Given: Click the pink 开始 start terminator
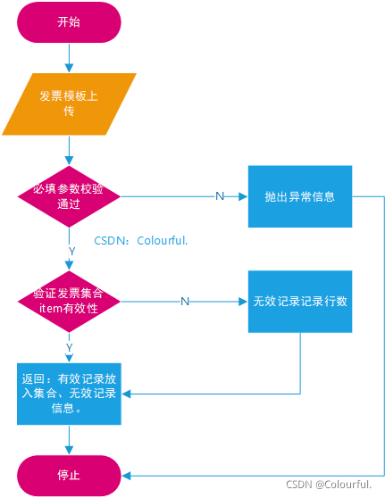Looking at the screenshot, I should pos(69,22).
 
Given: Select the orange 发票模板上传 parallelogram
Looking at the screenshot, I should pos(69,103).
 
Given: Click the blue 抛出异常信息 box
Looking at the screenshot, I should pos(300,195).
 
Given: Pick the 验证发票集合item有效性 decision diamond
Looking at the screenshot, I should pos(69,301).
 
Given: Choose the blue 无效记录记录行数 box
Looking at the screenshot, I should pos(300,301).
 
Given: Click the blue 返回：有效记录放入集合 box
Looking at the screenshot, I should pos(69,394).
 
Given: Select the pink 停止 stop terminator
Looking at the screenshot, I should pos(69,475).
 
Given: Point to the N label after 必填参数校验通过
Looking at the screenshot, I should pos(220,195).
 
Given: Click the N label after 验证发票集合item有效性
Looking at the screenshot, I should pos(185,301).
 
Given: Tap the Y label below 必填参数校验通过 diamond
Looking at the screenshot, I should pos(70,253).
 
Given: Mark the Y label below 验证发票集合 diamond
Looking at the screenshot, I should pos(70,346).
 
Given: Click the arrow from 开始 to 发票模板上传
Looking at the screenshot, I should pos(69,58).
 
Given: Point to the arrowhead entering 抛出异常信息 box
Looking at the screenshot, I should pos(243,195).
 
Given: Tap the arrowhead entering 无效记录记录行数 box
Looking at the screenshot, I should pos(243,301).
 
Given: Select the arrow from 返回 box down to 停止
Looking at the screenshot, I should pos(69,439).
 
